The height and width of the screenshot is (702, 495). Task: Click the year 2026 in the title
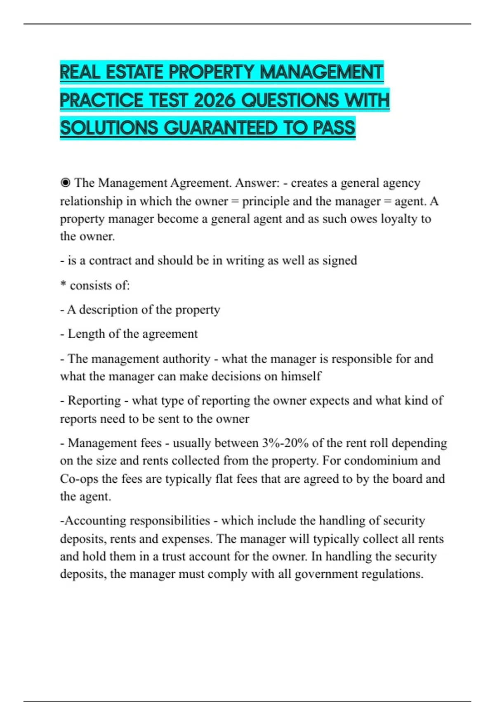coord(214,100)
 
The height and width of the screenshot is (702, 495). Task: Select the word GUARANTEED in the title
coord(221,128)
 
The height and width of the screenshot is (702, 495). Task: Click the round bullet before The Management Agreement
coord(65,183)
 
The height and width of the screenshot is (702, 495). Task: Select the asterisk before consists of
coord(63,285)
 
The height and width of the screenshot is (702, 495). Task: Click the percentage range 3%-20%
coord(285,443)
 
